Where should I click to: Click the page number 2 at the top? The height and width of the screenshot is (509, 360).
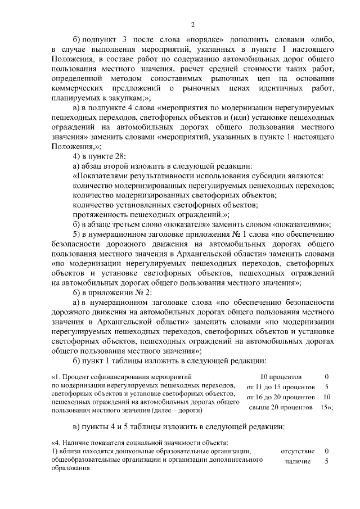coord(192,24)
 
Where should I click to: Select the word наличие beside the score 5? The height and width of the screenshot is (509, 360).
coord(298,462)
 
